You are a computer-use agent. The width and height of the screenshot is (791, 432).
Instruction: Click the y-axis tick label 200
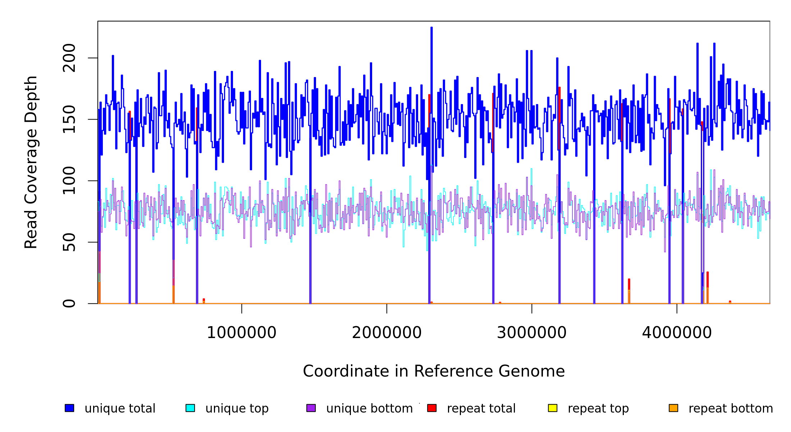[x=69, y=58]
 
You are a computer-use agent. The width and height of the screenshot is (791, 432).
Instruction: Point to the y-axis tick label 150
[x=69, y=119]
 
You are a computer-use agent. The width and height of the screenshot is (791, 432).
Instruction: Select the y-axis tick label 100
[x=69, y=181]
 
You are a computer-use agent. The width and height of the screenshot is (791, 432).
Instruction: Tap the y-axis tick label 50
[x=69, y=242]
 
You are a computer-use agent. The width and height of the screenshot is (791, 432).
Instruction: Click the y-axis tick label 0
[x=69, y=303]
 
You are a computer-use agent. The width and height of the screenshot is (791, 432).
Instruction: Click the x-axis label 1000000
[x=242, y=333]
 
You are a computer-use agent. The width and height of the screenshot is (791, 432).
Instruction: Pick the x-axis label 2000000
[x=387, y=333]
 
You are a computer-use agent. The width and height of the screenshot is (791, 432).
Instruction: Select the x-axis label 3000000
[x=532, y=333]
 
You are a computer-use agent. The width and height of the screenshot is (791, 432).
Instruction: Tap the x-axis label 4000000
[x=677, y=333]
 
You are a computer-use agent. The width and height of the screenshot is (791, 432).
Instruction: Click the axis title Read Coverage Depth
[x=31, y=162]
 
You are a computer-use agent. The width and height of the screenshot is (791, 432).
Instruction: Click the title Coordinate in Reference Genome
[x=434, y=372]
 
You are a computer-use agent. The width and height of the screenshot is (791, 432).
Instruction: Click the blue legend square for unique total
[x=69, y=408]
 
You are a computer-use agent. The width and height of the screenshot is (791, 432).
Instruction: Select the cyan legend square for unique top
[x=190, y=408]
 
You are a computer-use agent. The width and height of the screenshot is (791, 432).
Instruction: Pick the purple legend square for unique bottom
[x=311, y=408]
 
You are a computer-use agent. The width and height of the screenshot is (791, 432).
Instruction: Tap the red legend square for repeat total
[x=432, y=408]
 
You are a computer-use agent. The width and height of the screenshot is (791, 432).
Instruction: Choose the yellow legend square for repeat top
[x=553, y=408]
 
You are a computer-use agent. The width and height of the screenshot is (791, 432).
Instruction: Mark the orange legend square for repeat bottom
[x=673, y=408]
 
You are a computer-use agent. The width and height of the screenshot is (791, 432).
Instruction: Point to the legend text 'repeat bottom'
[x=731, y=409]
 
